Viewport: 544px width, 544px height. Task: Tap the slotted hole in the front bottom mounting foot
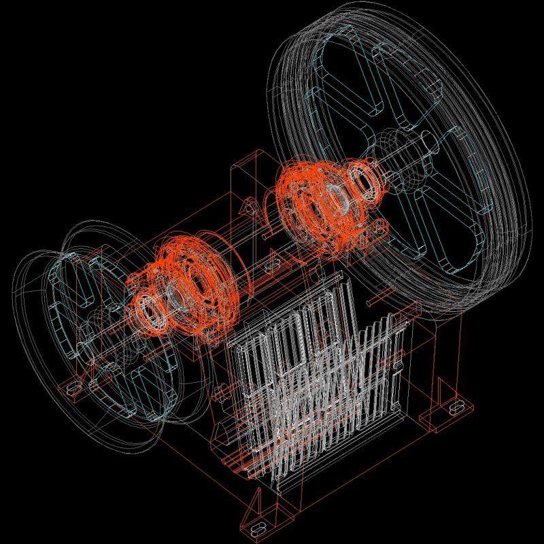[x=258, y=528]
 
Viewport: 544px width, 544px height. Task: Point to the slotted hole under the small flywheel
[x=72, y=388]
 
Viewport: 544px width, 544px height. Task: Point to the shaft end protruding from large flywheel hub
[x=429, y=143]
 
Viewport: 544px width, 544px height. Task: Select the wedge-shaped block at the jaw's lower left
[x=222, y=432]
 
